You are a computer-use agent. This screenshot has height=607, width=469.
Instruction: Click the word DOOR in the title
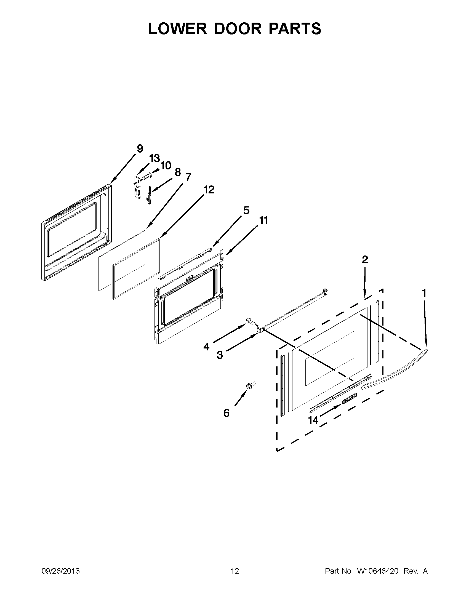[238, 29]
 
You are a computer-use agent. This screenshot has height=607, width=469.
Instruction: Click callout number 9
[140, 149]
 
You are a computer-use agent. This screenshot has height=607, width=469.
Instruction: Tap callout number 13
[154, 158]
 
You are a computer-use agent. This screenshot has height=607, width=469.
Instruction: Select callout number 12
[209, 190]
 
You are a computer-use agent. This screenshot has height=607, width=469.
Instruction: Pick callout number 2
[365, 260]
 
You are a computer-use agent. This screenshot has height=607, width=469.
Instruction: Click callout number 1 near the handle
[424, 293]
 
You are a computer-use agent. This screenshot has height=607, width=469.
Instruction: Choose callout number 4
[206, 347]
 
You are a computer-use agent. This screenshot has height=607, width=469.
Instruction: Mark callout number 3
[220, 355]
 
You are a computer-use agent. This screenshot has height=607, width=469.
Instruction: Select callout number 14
[313, 420]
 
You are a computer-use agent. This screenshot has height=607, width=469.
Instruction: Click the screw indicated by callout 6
[251, 385]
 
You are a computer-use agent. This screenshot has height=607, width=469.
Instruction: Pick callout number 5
[246, 211]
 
